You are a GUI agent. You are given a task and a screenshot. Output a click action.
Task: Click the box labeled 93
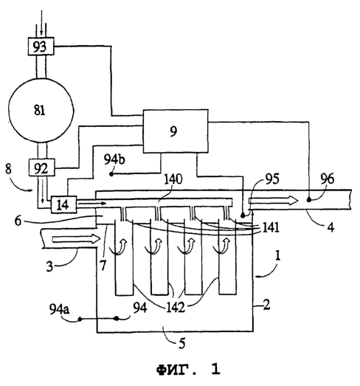(41, 46)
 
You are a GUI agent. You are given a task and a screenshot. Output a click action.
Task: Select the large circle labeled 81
(41, 110)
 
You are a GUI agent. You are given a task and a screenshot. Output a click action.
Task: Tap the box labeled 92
(41, 168)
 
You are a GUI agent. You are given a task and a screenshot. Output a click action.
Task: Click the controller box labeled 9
(176, 131)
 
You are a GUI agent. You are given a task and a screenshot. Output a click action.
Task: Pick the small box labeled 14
(63, 204)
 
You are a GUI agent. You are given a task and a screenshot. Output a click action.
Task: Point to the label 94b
(114, 159)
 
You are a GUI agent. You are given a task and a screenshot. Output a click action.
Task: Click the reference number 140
(173, 179)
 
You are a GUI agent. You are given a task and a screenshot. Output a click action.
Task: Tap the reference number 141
(271, 227)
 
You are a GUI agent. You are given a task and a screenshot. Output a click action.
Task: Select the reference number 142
(176, 307)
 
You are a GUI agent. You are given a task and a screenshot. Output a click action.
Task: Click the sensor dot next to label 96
(309, 200)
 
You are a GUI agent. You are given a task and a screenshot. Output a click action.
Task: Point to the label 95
(272, 179)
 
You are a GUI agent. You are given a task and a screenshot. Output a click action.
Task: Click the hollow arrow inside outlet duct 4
(273, 201)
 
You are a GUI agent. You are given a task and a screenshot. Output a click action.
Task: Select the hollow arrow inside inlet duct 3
(76, 238)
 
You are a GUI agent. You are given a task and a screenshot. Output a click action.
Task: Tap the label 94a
(59, 309)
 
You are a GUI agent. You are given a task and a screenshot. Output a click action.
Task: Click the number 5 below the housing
(182, 343)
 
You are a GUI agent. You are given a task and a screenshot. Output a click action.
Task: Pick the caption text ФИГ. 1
(188, 369)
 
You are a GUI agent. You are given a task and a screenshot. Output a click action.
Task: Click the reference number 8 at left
(8, 169)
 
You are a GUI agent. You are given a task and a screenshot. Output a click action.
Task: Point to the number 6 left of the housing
(18, 221)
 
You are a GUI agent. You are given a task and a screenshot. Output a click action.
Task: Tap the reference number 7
(103, 266)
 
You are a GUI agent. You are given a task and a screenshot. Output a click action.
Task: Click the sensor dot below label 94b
(111, 174)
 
